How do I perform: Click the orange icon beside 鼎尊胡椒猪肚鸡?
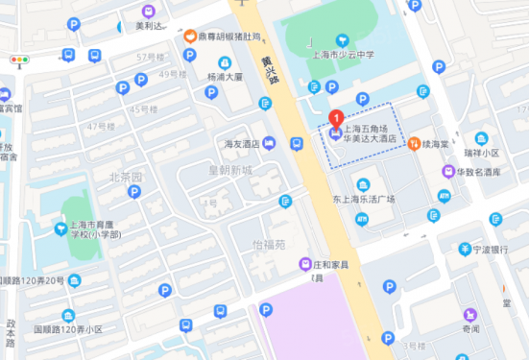pyautogui.click(x=191, y=36)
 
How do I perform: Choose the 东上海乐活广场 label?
pyautogui.click(x=364, y=199)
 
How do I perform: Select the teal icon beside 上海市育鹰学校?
pyautogui.click(x=60, y=228)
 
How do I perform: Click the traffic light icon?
pyautogui.click(x=19, y=60)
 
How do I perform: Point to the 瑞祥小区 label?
pyautogui.click(x=480, y=153)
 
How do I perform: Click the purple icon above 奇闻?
pyautogui.click(x=469, y=314)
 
